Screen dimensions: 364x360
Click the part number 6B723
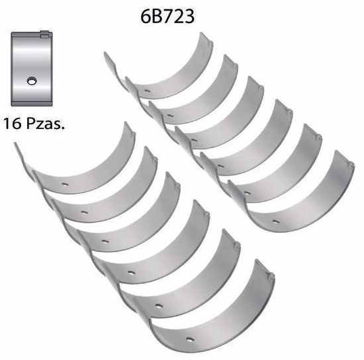(167, 17)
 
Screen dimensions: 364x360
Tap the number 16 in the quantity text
(12, 123)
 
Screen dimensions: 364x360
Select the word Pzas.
(45, 123)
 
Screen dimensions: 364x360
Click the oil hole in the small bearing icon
(32, 81)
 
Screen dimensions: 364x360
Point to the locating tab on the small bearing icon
(44, 34)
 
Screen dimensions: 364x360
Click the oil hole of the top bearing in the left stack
(65, 185)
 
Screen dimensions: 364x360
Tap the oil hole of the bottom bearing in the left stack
(190, 339)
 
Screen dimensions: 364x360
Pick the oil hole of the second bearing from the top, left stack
(84, 212)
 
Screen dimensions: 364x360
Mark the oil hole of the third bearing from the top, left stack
(105, 242)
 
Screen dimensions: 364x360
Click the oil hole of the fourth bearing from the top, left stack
(131, 273)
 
